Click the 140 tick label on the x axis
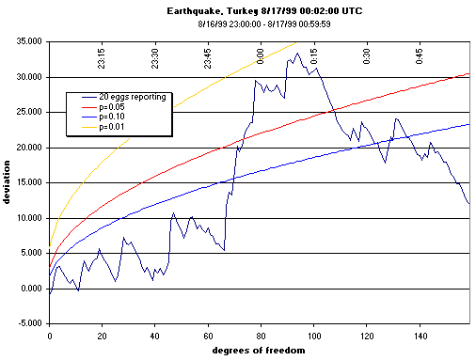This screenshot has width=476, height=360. [419, 334]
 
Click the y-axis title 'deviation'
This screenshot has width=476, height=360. [8, 183]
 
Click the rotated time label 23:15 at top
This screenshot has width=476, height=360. [102, 57]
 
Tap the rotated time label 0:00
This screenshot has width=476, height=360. [261, 58]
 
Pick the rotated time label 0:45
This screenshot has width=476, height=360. [419, 58]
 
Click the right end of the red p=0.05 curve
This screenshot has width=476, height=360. [468, 73]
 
